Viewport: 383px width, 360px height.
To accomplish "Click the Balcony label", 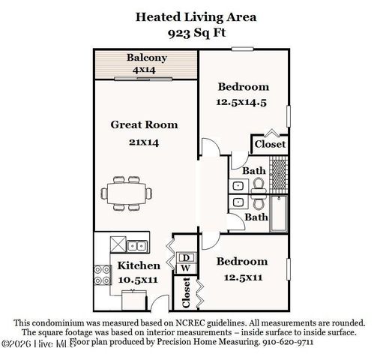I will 146,58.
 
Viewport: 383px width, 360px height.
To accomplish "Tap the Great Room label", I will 145,124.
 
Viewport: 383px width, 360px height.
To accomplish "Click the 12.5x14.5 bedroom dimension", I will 243,103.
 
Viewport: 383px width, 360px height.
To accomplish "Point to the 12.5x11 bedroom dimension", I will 242,277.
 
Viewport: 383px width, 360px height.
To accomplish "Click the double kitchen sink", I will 136,244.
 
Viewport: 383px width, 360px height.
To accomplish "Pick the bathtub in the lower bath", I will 278,216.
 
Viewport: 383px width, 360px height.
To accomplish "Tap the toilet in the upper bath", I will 257,184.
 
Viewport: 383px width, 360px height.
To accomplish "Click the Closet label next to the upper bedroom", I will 271,144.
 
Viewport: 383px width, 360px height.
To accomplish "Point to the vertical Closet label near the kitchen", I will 184,295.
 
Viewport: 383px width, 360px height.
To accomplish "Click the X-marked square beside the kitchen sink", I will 117,244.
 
